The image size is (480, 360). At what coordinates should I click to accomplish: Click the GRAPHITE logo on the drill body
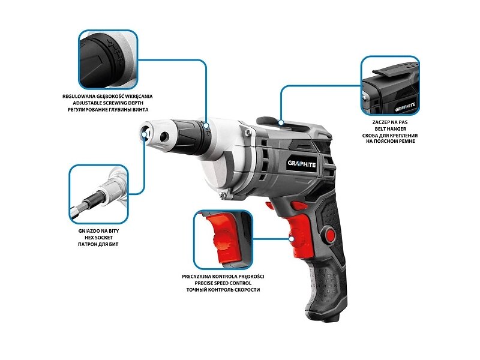coord(301,164)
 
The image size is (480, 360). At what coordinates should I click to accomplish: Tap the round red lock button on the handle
coord(331,235)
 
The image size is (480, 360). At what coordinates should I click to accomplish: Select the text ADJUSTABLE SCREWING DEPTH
coord(107,103)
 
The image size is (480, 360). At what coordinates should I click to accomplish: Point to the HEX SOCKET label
coord(98,238)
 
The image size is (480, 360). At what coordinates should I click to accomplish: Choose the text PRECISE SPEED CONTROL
coord(223,283)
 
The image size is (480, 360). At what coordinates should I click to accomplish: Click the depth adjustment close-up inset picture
coord(108,59)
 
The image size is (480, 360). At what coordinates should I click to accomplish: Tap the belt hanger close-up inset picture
coord(390,85)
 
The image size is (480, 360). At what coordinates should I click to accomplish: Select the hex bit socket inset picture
coord(98,194)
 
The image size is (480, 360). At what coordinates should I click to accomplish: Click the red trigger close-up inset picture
coord(223,239)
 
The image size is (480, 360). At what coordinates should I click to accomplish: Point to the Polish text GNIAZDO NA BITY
coord(98,231)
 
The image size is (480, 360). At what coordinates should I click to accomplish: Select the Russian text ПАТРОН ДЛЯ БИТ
coord(98,244)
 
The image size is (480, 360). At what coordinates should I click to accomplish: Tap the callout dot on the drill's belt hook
coord(281,122)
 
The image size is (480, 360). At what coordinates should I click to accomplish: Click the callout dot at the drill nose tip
coord(145,135)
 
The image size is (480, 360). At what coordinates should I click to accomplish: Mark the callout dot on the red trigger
coord(292,238)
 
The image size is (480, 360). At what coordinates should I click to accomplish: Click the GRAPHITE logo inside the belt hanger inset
coord(405,107)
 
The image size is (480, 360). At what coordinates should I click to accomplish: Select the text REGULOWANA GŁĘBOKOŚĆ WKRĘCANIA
coord(107,96)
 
